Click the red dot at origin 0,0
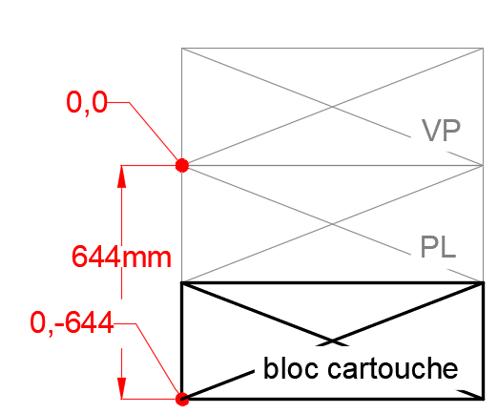[x=182, y=165]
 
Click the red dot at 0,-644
[x=182, y=399]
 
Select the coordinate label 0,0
[x=87, y=102]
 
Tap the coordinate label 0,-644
[x=72, y=323]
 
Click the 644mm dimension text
[x=121, y=257]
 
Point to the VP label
[x=441, y=131]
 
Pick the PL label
[x=438, y=247]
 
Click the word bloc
[x=291, y=368]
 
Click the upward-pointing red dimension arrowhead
[x=121, y=181]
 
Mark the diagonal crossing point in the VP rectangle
[x=332, y=107]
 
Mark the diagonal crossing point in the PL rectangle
[x=332, y=224]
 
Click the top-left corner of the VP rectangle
[x=181, y=48]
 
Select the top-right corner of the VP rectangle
[x=484, y=48]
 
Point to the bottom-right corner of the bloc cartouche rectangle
[x=484, y=399]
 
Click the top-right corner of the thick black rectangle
[x=484, y=282]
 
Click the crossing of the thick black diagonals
[x=332, y=341]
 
